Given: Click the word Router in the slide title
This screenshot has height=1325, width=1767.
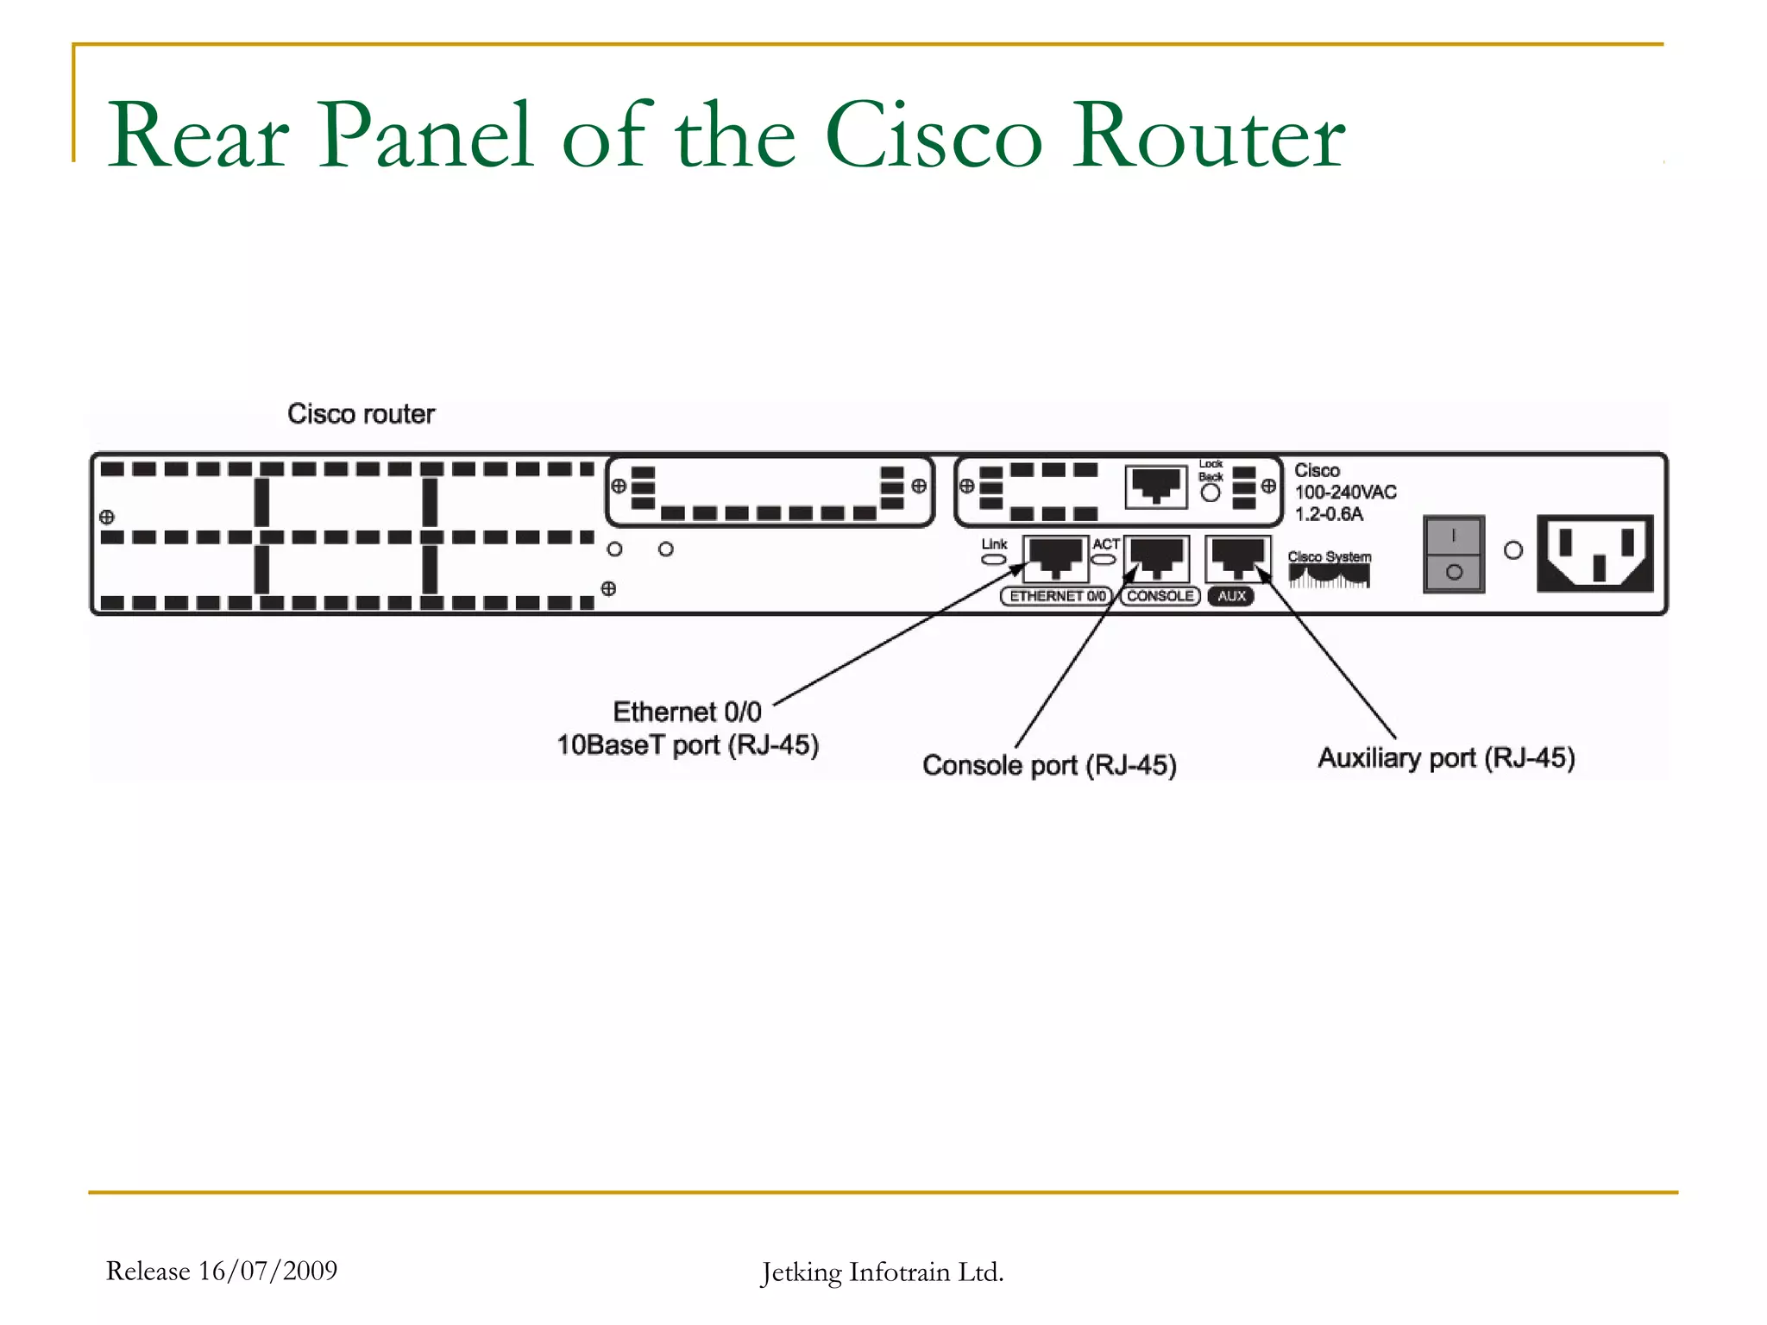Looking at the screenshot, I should click(x=1208, y=136).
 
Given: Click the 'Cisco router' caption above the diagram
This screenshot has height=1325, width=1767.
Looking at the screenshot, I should click(x=361, y=414).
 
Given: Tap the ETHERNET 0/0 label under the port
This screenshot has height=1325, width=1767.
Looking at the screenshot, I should click(x=1056, y=596).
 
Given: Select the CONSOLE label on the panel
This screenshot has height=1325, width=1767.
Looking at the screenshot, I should click(x=1160, y=596).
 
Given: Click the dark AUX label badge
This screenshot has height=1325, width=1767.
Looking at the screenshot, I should click(x=1231, y=596).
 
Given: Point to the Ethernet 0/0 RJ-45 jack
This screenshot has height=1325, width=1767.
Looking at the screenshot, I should click(x=1055, y=558).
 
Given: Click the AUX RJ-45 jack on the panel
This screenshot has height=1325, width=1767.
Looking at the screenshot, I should click(x=1238, y=558).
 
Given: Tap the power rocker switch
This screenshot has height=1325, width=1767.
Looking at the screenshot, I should click(x=1454, y=554).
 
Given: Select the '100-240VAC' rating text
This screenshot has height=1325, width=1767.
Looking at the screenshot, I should click(x=1345, y=493).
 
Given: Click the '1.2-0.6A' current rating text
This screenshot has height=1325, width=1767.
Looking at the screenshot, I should click(x=1329, y=515).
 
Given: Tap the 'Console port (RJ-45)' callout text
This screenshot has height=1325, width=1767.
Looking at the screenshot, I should click(x=1049, y=765).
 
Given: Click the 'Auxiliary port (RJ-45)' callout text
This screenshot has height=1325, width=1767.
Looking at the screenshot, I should click(x=1446, y=758).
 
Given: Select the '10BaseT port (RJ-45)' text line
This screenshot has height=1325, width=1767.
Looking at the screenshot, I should click(x=688, y=745).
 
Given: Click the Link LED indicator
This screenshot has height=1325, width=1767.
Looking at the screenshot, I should click(x=994, y=560).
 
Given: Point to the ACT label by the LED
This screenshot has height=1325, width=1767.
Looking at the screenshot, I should click(x=1105, y=544).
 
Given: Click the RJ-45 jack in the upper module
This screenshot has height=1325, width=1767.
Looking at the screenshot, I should click(x=1156, y=487).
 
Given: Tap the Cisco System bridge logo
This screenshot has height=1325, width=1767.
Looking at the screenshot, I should click(x=1329, y=571).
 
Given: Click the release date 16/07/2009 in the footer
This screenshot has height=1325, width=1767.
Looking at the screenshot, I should click(x=267, y=1271).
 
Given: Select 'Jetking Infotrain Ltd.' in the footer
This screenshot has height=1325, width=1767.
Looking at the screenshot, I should click(x=882, y=1272).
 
